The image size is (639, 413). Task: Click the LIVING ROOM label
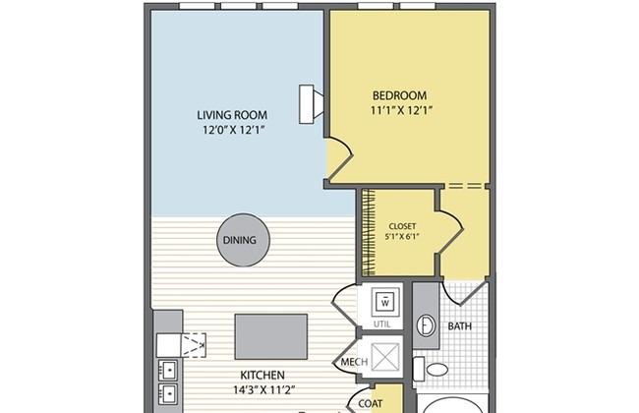pyautogui.click(x=236, y=113)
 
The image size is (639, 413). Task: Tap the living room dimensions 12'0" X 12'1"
pyautogui.click(x=236, y=130)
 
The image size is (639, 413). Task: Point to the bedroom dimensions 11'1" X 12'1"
pyautogui.click(x=402, y=111)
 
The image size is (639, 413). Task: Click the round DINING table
pyautogui.click(x=239, y=240)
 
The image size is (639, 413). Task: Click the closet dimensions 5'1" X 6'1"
pyautogui.click(x=403, y=236)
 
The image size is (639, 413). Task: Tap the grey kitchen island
pyautogui.click(x=270, y=336)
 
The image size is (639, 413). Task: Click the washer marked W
pyautogui.click(x=385, y=301)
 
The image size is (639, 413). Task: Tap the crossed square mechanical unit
pyautogui.click(x=384, y=354)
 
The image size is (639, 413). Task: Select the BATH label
pyautogui.click(x=460, y=325)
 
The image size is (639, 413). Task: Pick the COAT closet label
pyautogui.click(x=370, y=402)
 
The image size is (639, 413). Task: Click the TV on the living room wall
pyautogui.click(x=312, y=101)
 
